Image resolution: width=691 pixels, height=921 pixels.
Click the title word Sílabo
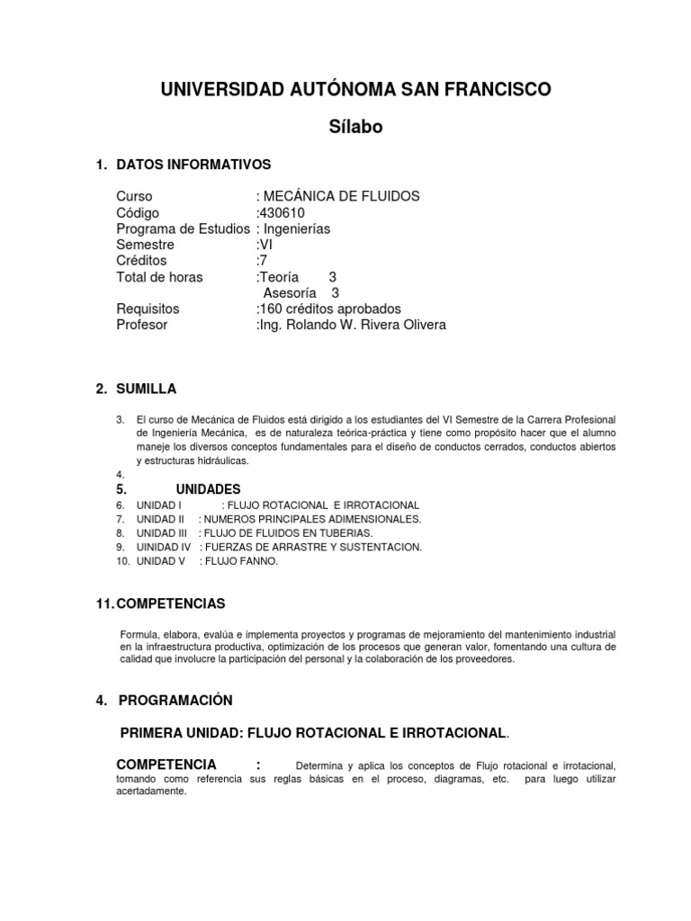pyautogui.click(x=355, y=127)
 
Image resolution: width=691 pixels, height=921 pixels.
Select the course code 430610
pyautogui.click(x=282, y=213)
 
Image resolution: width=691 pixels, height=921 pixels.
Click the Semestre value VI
pyautogui.click(x=267, y=245)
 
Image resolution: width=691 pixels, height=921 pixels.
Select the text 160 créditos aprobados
pyautogui.click(x=330, y=308)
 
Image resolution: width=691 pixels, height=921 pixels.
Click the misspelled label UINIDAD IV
pyautogui.click(x=163, y=546)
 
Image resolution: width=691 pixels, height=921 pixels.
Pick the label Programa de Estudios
pyautogui.click(x=184, y=228)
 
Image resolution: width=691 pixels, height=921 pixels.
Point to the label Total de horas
pyautogui.click(x=159, y=277)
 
